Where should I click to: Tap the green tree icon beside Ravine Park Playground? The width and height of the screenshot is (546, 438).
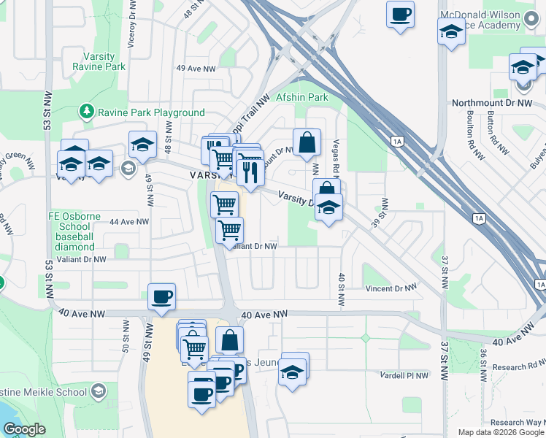tap(87, 112)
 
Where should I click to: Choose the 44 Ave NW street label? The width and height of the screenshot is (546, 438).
tap(129, 221)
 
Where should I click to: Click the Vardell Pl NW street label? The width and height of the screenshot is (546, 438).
tap(404, 375)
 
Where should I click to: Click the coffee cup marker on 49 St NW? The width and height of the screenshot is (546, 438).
tap(161, 296)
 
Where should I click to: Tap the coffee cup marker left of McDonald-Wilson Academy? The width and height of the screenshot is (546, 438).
tap(400, 14)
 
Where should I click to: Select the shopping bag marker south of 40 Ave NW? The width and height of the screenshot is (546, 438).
tap(229, 339)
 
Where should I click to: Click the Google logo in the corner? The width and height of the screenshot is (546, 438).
tap(23, 429)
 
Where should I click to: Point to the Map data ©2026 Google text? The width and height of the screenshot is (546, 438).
tap(500, 432)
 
